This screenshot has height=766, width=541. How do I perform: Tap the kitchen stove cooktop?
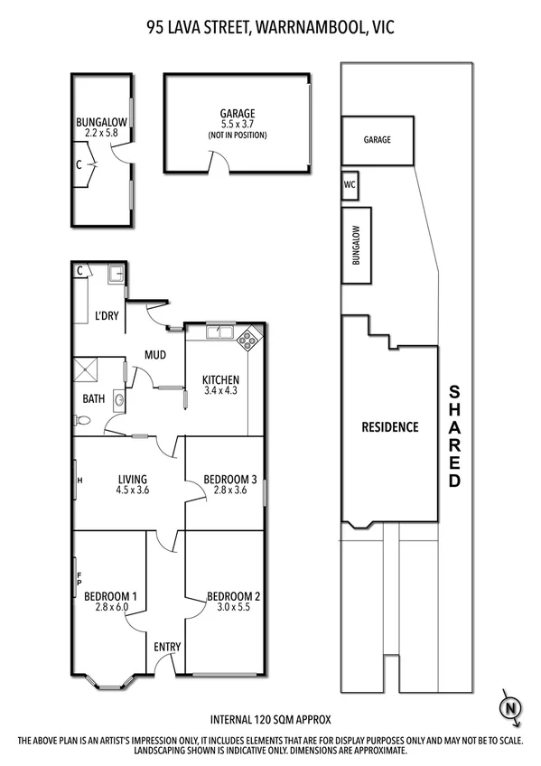(247, 341)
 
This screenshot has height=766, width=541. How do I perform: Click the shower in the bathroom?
(89, 369)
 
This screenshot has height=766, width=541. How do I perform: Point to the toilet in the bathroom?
(83, 419)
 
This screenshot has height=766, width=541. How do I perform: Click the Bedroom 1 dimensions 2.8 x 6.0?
(110, 608)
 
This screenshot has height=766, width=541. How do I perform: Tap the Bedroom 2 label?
(233, 595)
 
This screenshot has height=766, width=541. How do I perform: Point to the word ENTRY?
(167, 646)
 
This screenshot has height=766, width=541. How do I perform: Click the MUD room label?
(155, 355)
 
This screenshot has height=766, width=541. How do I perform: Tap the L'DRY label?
(107, 316)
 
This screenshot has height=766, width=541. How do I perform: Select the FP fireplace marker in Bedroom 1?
(79, 578)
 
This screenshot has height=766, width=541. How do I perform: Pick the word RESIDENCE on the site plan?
(390, 427)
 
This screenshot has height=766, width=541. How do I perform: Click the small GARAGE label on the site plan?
(377, 140)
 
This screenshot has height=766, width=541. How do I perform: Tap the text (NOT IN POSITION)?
(237, 135)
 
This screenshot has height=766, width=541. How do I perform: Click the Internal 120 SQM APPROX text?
(270, 720)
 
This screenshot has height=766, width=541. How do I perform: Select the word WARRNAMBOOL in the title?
(302, 28)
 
